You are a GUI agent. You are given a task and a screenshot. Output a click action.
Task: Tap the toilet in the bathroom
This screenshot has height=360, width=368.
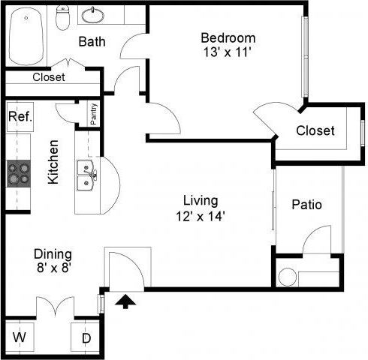(x=64, y=15)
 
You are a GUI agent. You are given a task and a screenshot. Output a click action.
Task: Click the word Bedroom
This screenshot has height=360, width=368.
(x=228, y=38)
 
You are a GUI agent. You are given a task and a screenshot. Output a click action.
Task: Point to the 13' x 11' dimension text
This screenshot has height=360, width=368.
(x=228, y=53)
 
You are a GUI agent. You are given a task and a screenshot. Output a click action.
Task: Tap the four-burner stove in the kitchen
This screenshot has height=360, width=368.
(x=19, y=173)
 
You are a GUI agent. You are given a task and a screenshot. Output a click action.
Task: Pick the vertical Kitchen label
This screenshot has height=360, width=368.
(x=53, y=161)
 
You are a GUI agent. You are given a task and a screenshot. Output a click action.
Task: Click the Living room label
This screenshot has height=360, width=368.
(x=201, y=200)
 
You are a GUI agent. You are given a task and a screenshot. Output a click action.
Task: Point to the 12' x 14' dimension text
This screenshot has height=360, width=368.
(x=201, y=216)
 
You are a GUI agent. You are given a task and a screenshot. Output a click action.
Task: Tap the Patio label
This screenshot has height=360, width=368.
(x=306, y=204)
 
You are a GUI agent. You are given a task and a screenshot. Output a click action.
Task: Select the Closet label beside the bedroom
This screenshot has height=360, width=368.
(x=315, y=130)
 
